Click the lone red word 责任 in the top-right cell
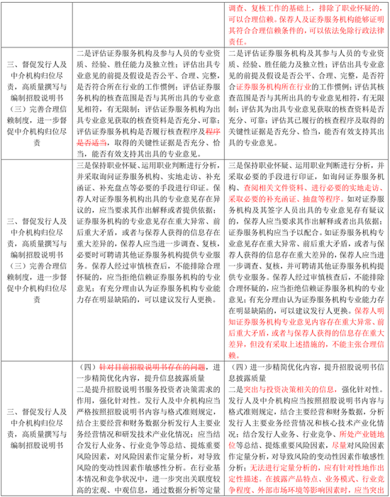pos(241,42)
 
